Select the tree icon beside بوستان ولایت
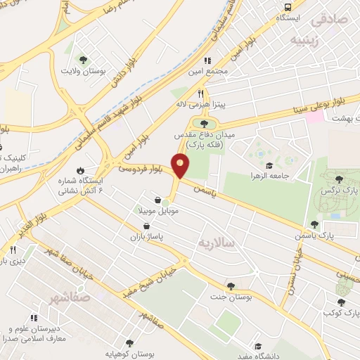coord(84,60)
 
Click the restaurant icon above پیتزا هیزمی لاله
coord(200,93)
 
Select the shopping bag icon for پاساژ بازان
coord(146,226)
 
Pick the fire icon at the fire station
coord(79,170)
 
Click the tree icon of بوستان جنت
coord(231,285)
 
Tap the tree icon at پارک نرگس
coord(340,180)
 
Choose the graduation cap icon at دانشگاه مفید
coord(260,347)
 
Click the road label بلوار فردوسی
coord(140,169)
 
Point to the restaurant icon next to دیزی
coord(12,250)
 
